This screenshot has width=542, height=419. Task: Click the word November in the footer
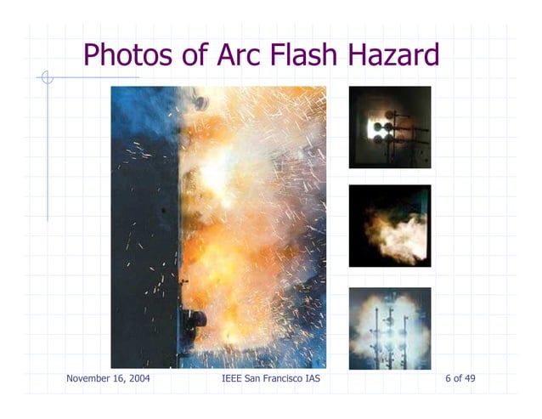pos(88,378)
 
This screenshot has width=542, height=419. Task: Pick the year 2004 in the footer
pos(138,378)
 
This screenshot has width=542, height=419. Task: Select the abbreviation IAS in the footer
pos(313,378)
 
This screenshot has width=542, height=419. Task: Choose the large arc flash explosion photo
pos(218,227)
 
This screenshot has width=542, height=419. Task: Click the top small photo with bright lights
pos(390,127)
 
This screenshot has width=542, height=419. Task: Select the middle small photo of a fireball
pos(390,226)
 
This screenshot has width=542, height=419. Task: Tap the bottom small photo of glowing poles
pos(390,328)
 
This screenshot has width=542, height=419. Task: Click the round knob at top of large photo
pos(200,102)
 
